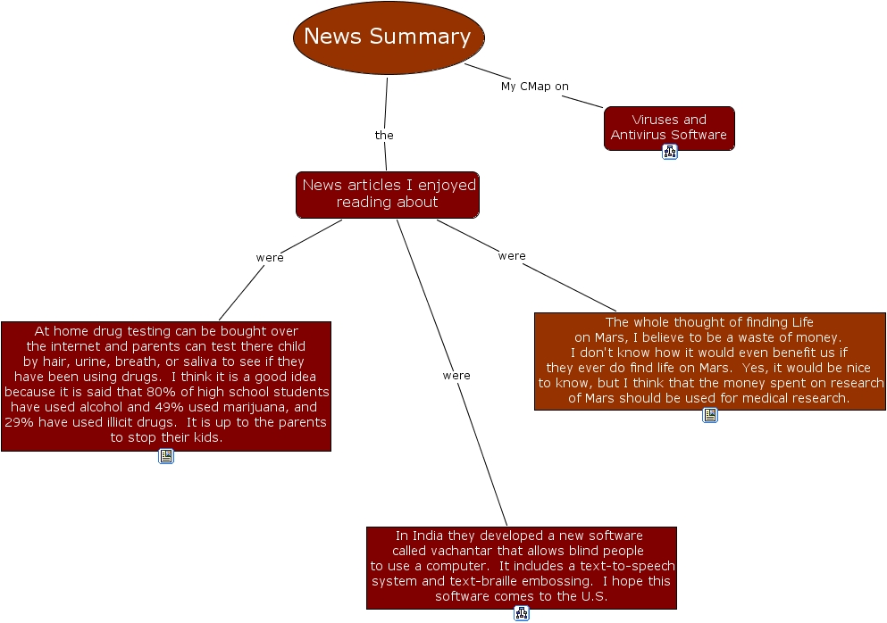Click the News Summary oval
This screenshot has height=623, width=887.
(389, 37)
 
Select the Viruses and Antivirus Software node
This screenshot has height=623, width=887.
(668, 127)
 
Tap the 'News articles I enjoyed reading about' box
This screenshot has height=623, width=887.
(388, 194)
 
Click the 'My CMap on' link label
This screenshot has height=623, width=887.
(534, 87)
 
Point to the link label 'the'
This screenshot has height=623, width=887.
(384, 136)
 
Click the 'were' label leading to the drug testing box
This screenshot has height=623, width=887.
(270, 258)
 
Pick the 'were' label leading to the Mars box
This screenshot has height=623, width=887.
(512, 256)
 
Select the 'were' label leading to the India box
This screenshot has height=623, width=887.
(456, 376)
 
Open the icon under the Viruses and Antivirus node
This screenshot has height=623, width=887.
(670, 152)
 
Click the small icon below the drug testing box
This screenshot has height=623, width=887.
(166, 456)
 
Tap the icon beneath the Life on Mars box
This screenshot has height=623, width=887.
(710, 415)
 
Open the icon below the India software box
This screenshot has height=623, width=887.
(522, 613)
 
